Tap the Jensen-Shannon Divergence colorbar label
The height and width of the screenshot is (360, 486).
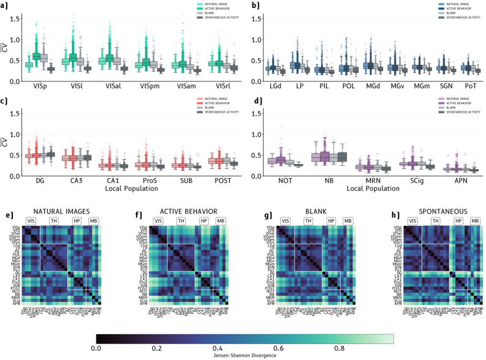[x=245, y=355]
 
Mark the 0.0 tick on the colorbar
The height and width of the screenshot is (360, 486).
[x=96, y=347]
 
